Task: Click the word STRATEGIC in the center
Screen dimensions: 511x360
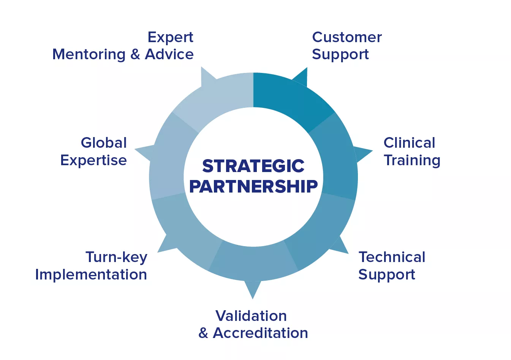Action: [x=253, y=166]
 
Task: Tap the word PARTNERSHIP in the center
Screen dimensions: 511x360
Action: [x=253, y=186]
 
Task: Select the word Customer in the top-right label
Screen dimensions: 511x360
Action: [x=347, y=37]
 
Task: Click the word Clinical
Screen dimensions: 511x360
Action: [x=409, y=143]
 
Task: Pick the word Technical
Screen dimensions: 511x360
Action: [x=392, y=257]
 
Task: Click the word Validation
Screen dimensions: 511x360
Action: [x=251, y=316]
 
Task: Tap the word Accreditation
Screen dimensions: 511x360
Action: [x=260, y=333]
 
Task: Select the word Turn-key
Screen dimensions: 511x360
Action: [x=116, y=258]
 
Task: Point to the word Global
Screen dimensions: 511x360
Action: [x=104, y=143]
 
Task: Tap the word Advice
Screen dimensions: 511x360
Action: [x=169, y=54]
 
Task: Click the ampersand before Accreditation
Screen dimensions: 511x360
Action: [x=203, y=333]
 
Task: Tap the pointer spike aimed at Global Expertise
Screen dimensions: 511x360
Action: [x=144, y=152]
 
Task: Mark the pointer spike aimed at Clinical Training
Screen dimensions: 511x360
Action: [x=363, y=154]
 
